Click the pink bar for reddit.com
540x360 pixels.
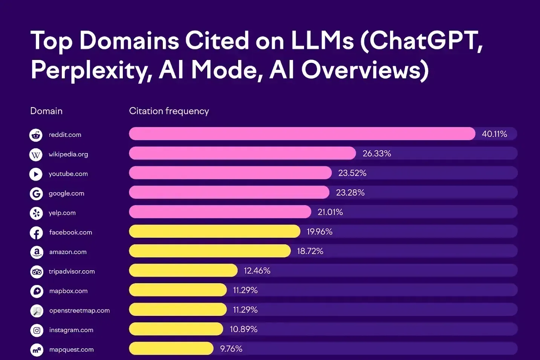coord(301,134)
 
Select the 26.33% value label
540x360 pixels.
coord(376,153)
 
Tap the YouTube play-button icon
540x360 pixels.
coord(36,174)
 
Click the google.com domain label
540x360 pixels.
coord(66,193)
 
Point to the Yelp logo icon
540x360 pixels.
coord(36,213)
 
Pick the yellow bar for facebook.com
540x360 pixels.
coord(214,231)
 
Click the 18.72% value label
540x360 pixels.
coord(310,251)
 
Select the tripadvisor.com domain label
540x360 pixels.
coord(72,271)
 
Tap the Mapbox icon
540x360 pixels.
coord(37,291)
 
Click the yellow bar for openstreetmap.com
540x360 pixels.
coord(177,309)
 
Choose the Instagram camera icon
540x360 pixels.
coord(37,331)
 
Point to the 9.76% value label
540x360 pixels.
coord(231,349)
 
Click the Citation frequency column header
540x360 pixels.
coord(169,111)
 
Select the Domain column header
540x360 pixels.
coord(46,111)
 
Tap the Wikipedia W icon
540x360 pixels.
coord(36,155)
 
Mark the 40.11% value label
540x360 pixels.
coord(494,134)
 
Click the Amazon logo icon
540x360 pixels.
coord(37,252)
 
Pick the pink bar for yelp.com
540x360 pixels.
coord(220,212)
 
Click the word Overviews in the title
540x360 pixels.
coord(364,70)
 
